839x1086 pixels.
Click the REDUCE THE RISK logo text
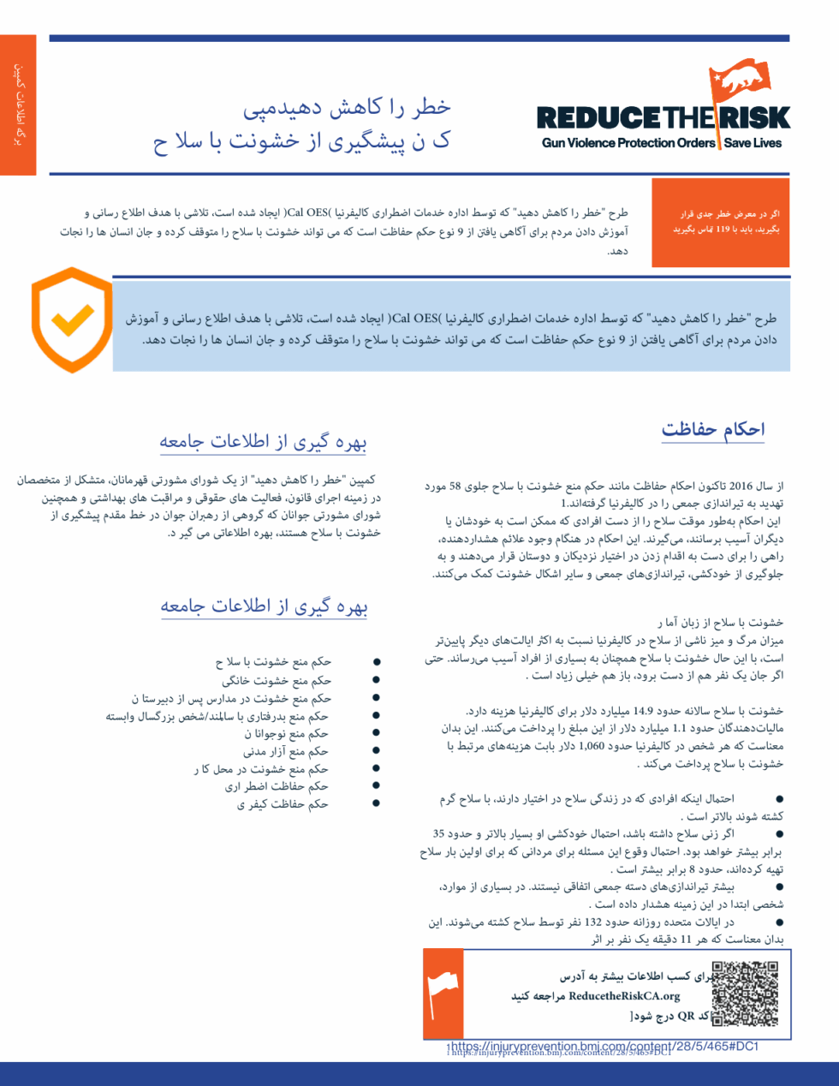click(663, 118)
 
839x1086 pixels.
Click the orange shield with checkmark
click(72, 319)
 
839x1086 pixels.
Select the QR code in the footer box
click(745, 994)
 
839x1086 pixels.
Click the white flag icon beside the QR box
click(443, 994)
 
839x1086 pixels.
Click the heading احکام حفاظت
click(713, 429)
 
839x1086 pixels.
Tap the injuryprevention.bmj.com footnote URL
click(604, 1047)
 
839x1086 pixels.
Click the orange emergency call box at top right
click(720, 223)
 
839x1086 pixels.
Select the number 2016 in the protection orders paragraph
click(741, 486)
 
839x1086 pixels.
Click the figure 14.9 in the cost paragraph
click(643, 711)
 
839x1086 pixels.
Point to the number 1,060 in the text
click(591, 746)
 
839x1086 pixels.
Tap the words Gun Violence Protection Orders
click(628, 143)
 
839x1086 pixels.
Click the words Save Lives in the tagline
click(753, 143)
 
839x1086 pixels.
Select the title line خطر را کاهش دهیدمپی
click(347, 108)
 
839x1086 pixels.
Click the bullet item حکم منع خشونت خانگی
click(277, 681)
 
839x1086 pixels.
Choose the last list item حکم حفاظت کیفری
click(283, 804)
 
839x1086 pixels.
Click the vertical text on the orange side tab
click(18, 104)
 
